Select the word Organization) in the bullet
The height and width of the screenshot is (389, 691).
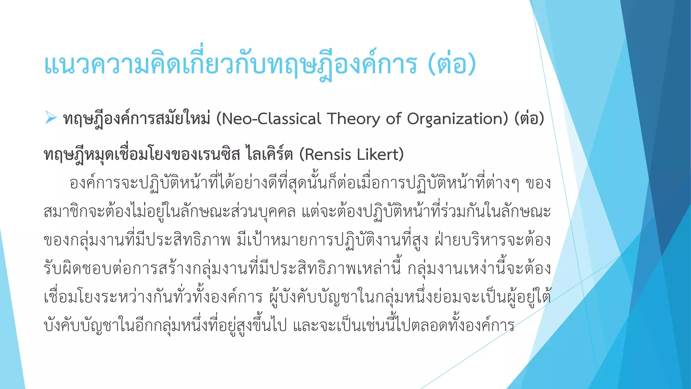(x=458, y=119)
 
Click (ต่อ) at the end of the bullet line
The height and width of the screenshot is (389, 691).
(x=529, y=119)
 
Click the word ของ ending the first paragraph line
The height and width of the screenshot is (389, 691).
(x=538, y=183)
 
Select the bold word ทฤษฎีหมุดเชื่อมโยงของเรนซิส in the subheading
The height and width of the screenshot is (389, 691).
(x=142, y=155)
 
